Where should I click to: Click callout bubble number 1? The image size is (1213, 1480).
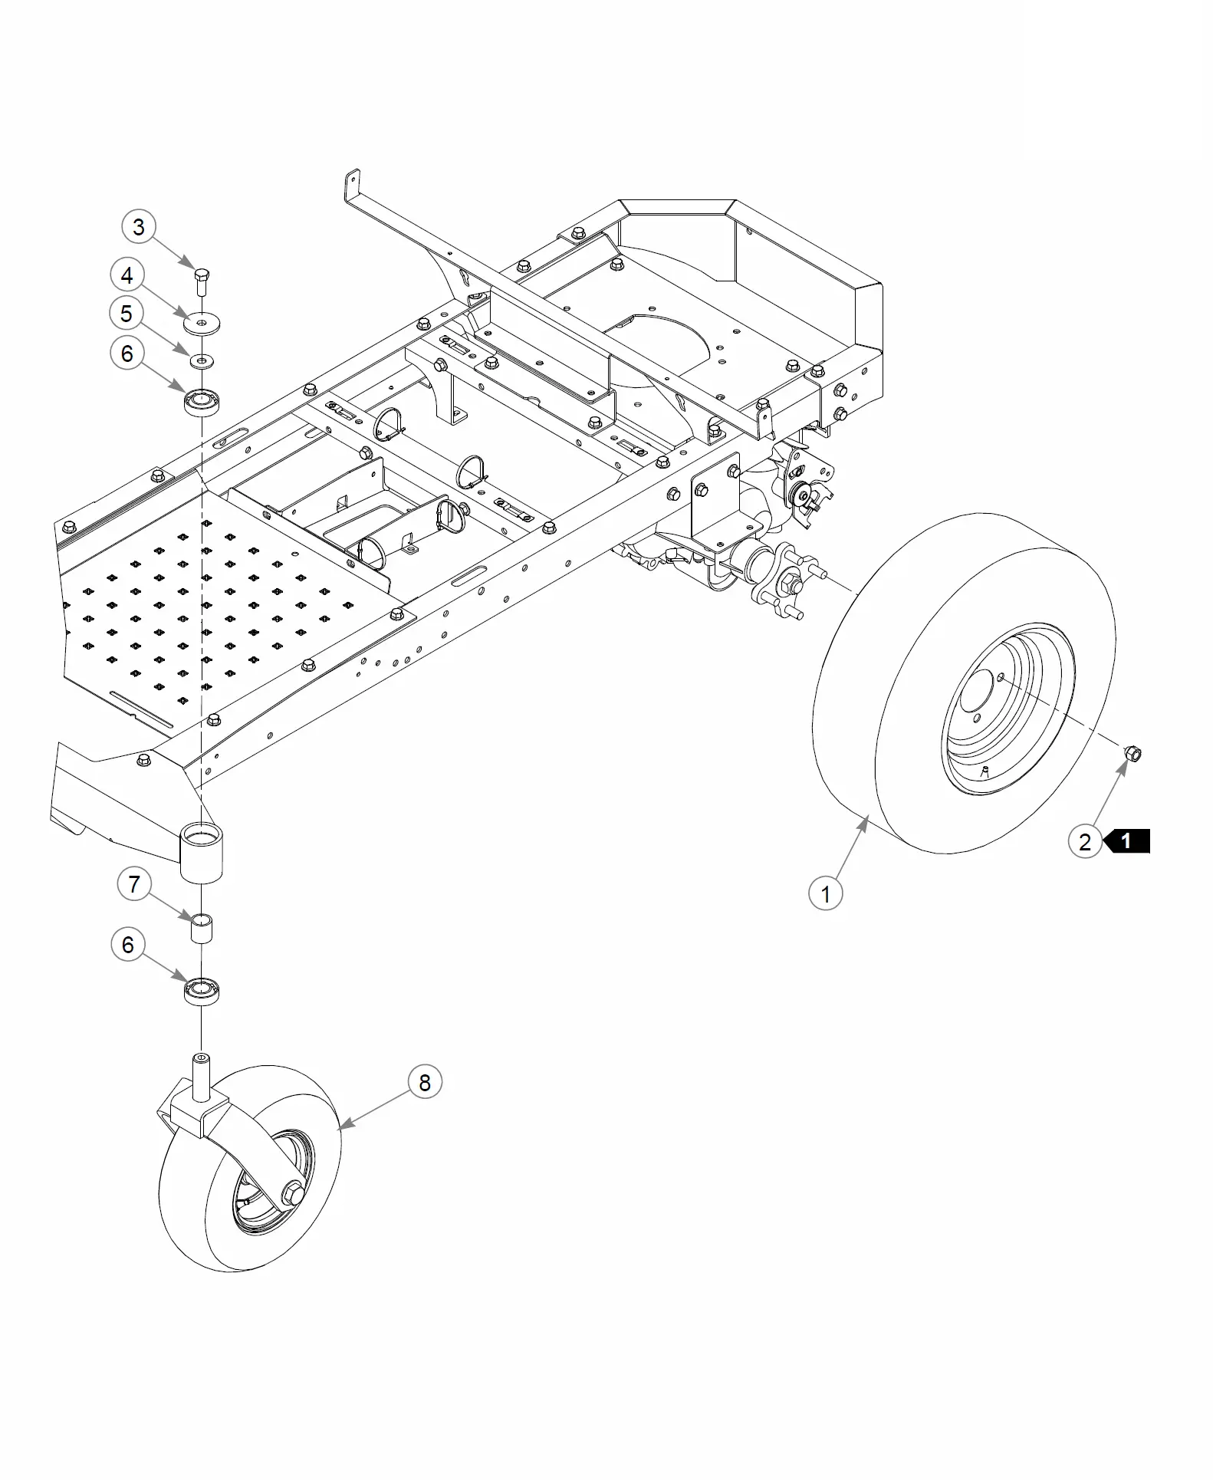click(x=826, y=893)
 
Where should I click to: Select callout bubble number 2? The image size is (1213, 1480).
click(x=1085, y=841)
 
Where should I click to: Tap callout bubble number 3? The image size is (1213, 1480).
click(x=139, y=227)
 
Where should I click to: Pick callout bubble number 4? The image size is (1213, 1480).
click(x=127, y=276)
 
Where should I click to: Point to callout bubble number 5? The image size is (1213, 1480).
click(x=127, y=314)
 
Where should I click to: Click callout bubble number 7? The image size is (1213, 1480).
click(x=134, y=885)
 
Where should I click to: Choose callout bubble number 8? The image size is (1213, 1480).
click(x=425, y=1083)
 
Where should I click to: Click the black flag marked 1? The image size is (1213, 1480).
click(x=1126, y=841)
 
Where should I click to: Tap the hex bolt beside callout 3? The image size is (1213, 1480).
click(x=202, y=282)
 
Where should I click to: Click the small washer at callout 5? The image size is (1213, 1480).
click(x=202, y=360)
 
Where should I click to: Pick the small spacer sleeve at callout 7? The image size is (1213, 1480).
click(x=201, y=928)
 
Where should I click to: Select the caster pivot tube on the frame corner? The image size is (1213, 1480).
click(x=202, y=851)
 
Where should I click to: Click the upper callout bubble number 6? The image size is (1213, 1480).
click(x=127, y=354)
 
